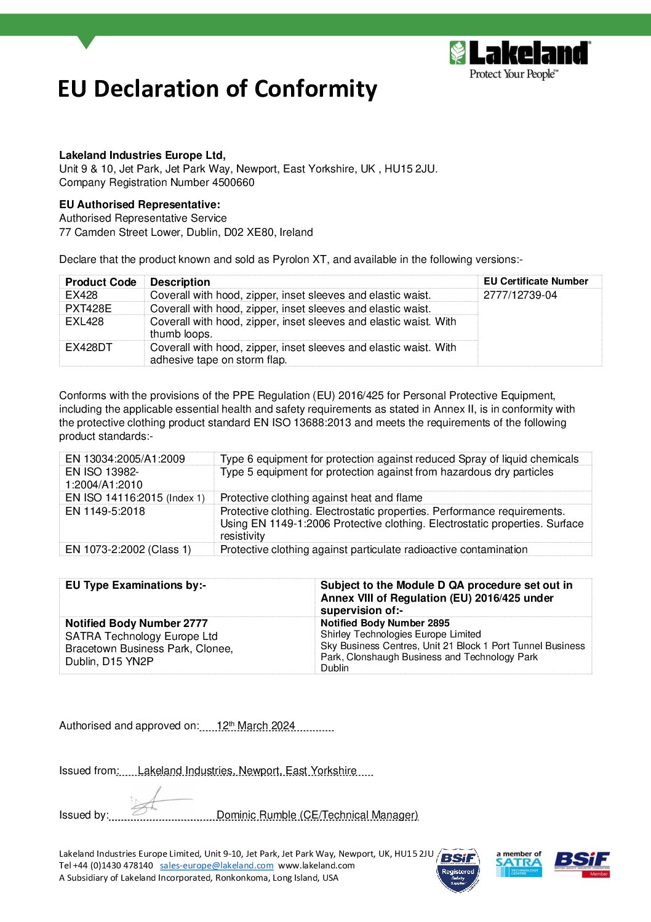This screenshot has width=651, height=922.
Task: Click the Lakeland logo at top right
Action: point(520,60)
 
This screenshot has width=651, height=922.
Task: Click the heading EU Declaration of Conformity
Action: point(217,89)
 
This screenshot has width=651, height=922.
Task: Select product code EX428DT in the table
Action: point(89,347)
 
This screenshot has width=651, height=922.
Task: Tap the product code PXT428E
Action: point(89,309)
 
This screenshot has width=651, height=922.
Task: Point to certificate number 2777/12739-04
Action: point(520,295)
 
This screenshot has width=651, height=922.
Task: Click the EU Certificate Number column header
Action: point(535,281)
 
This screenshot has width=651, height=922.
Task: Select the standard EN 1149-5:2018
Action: point(105,511)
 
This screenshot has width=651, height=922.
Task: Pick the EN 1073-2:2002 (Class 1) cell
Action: point(128,549)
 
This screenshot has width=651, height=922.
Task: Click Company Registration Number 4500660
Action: point(157,182)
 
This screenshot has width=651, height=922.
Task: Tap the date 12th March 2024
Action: point(255,726)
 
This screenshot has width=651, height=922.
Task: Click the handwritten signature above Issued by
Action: point(154,801)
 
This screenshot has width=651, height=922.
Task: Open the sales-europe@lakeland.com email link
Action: point(217,865)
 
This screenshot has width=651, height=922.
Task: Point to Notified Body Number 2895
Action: point(385,623)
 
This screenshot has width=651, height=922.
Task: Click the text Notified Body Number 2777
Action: point(137,623)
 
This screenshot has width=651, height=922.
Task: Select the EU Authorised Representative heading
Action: point(140,204)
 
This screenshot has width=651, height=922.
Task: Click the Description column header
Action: point(180,282)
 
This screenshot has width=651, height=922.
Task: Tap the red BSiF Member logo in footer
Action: point(581,863)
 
